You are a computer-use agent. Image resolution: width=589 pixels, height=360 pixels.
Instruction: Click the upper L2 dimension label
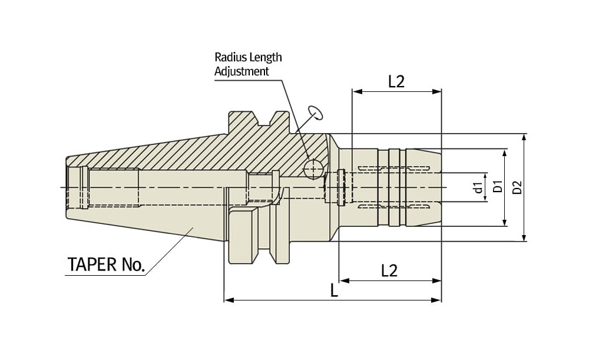pos(396,81)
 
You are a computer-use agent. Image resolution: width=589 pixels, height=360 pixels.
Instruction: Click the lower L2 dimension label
pos(389,270)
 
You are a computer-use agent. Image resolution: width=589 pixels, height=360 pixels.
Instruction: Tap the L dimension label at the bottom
pos(334,290)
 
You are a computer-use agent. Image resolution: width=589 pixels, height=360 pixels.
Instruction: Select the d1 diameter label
pos(478,189)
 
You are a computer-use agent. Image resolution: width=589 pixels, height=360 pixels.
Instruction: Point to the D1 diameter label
pos(498,187)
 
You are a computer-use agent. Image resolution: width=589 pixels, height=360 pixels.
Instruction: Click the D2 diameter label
pos(517,187)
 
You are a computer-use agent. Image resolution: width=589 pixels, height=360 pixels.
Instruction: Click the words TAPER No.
pos(106,265)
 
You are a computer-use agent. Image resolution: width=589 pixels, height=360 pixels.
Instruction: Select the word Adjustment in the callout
pos(241,71)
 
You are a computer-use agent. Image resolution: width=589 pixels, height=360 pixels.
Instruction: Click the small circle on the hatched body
pos(313,169)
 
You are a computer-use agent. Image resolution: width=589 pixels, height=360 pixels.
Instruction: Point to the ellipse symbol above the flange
pos(315,112)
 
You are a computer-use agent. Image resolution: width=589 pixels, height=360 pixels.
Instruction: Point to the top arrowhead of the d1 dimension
pos(485,176)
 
